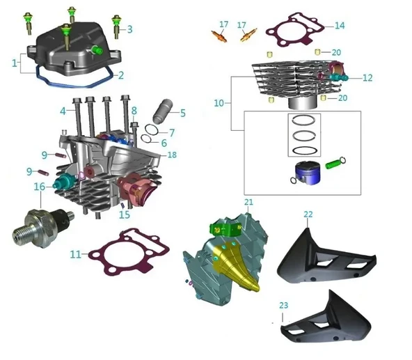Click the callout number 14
339,26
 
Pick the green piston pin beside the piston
336,165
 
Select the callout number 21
248,202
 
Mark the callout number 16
40,187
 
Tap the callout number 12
367,78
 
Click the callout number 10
219,103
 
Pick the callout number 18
172,154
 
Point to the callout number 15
125,215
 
